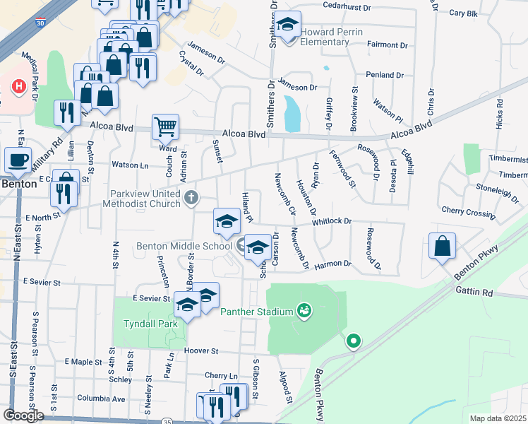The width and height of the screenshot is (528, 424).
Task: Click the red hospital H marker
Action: pos(19,87)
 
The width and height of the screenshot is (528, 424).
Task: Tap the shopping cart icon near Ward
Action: pos(165,127)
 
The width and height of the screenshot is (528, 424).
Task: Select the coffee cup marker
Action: pos(18,160)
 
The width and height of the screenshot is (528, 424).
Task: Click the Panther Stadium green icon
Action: pos(304,310)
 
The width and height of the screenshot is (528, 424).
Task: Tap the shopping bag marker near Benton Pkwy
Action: pos(442,247)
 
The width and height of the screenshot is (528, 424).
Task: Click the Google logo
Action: pos(23,415)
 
